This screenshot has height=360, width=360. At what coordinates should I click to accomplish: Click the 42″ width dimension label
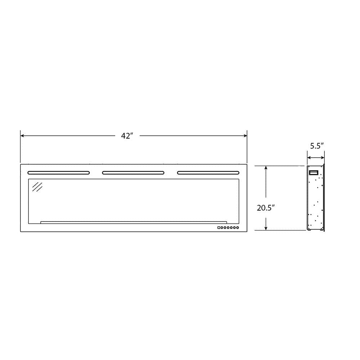pos(127,136)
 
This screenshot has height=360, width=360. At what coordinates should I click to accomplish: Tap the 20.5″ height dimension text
pos(266,208)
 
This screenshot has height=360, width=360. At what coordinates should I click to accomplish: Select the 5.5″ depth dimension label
pos(317,146)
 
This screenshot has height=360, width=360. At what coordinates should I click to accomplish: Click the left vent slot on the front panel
pos(59,173)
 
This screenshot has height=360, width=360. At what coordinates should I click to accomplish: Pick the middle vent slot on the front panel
pos(133,173)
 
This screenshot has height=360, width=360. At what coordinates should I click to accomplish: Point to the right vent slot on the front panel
pos(208,173)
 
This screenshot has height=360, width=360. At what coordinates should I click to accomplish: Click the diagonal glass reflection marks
pos(37,187)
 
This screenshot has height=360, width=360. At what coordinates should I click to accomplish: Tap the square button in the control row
pos(219,228)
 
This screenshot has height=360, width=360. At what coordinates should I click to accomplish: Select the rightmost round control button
pos(238,228)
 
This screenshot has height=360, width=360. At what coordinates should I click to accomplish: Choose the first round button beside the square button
pos(222,228)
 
